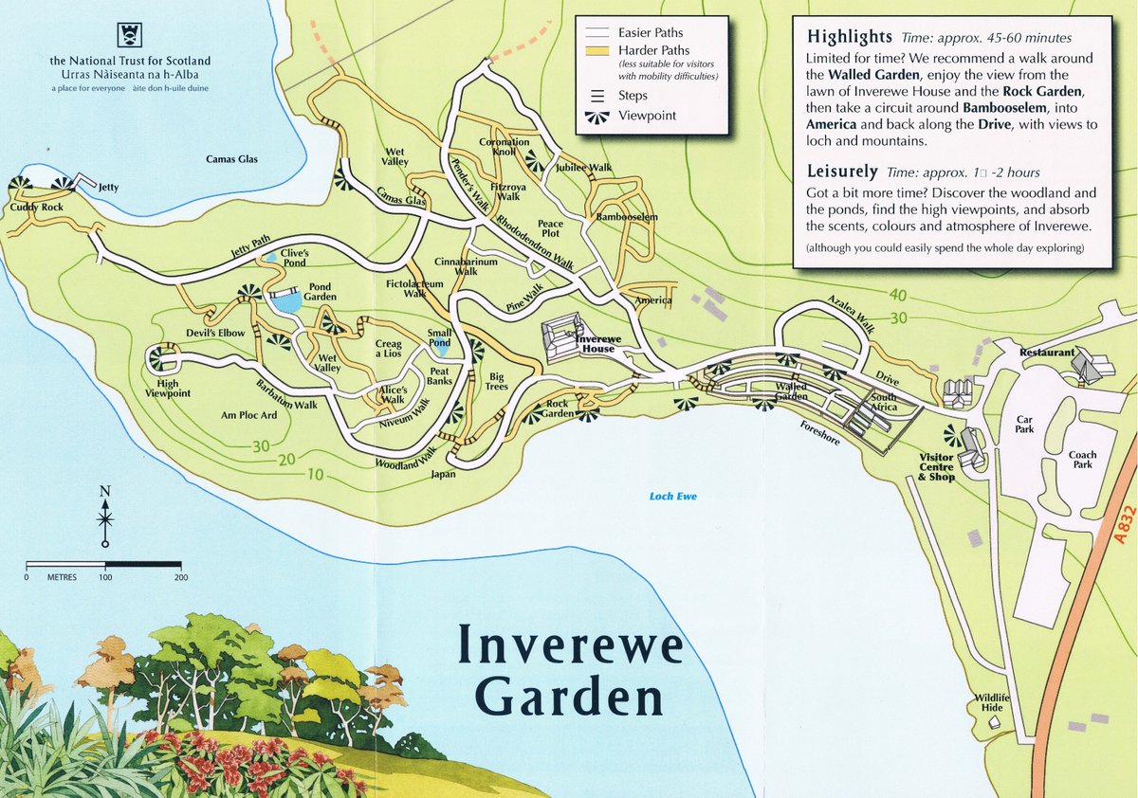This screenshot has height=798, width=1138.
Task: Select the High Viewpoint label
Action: click(x=168, y=387)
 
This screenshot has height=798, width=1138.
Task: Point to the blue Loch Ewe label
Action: click(x=673, y=496)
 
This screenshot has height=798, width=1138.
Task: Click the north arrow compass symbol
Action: click(x=105, y=517)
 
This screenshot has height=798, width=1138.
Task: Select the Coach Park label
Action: click(x=1082, y=460)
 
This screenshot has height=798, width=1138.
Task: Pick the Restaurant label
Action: click(x=1046, y=353)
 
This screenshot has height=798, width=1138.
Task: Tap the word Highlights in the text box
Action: click(x=849, y=37)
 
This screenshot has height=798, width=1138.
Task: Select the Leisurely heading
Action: click(x=842, y=172)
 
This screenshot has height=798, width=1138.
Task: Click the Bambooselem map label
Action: click(x=627, y=217)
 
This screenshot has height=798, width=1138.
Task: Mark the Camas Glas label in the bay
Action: click(x=232, y=159)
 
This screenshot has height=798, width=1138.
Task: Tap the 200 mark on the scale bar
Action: click(x=181, y=577)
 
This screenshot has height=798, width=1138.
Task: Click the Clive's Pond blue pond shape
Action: click(x=272, y=257)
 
